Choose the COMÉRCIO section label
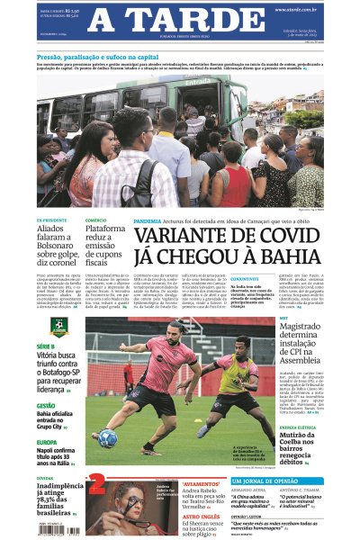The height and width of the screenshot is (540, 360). (95, 220)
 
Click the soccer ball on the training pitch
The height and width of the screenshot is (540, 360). (108, 439)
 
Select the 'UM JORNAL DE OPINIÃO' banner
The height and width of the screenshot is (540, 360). (287, 481)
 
